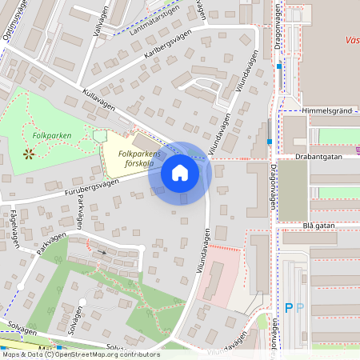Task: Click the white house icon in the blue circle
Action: coord(180,173)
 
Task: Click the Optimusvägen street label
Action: coord(15,15)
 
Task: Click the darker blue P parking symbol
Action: coord(289,307)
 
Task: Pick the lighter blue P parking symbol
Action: coord(300,307)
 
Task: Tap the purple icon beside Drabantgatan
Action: coord(357,148)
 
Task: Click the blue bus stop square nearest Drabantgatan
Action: coord(270,142)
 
